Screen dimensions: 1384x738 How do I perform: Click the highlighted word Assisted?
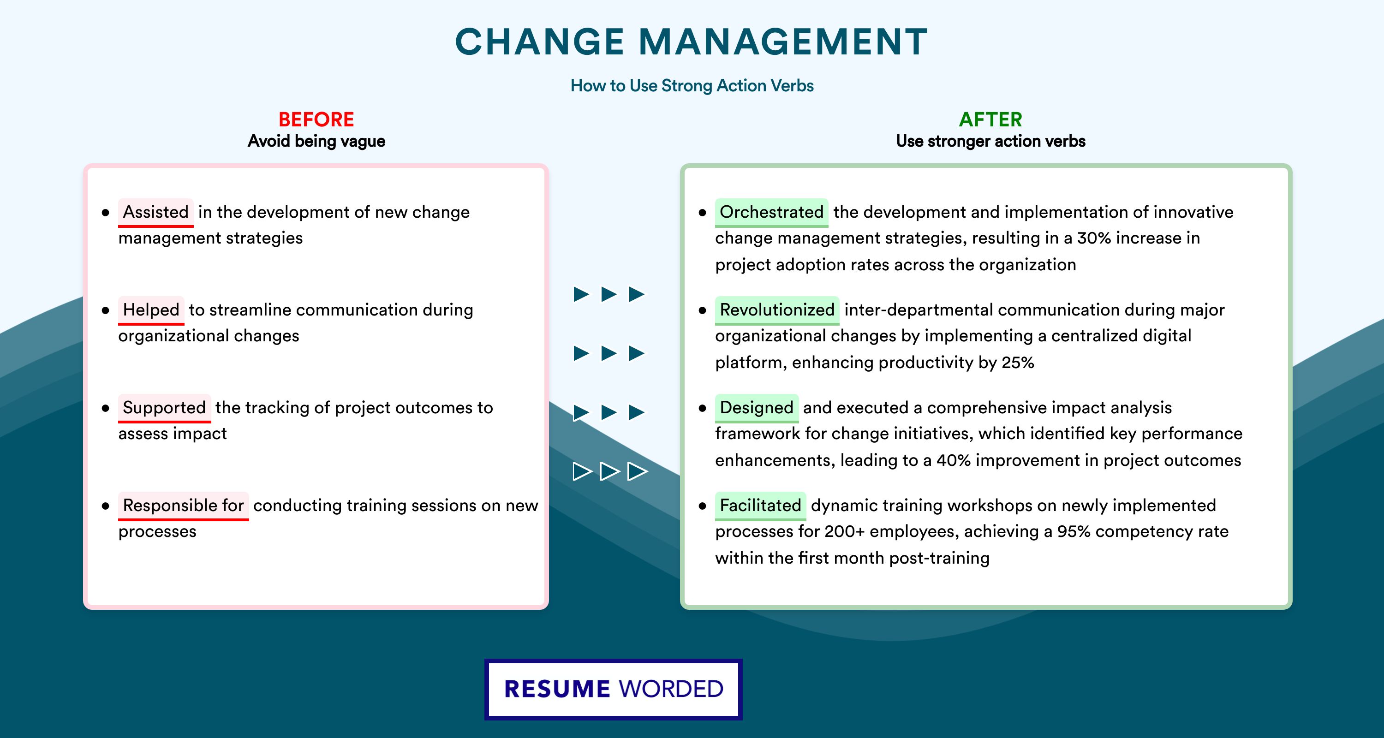click(156, 212)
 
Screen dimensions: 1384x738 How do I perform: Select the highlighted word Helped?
click(151, 310)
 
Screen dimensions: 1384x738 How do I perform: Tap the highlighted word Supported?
click(164, 408)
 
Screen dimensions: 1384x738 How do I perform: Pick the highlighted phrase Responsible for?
click(183, 506)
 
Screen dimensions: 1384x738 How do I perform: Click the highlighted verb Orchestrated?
click(771, 212)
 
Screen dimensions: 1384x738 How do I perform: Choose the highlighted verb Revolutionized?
click(777, 310)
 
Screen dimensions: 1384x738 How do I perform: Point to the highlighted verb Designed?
click(757, 408)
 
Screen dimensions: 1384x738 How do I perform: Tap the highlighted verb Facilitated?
click(760, 506)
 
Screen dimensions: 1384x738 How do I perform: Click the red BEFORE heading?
click(316, 119)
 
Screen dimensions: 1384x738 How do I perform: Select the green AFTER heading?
click(991, 119)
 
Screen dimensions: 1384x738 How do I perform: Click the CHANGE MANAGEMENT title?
click(692, 42)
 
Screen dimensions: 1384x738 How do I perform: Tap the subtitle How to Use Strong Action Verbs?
click(692, 85)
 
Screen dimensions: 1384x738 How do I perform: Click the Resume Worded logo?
click(614, 689)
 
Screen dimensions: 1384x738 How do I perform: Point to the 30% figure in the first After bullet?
click(1094, 238)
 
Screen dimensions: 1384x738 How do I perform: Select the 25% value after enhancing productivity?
click(1018, 363)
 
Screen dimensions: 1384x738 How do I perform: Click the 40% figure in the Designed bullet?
click(954, 460)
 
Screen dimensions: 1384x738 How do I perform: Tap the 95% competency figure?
click(1074, 531)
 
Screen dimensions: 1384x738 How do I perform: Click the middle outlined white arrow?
click(609, 471)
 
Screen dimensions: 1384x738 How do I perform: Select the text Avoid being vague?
click(316, 141)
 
